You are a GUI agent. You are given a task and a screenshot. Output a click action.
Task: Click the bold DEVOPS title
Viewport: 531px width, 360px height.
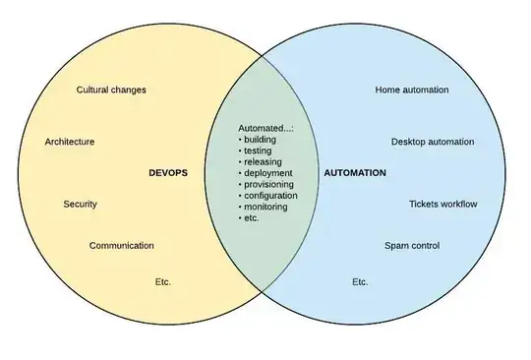166,172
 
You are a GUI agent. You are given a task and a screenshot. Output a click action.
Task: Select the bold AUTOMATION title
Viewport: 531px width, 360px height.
354,172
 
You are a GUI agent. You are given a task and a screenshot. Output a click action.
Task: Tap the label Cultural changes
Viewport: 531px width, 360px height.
111,90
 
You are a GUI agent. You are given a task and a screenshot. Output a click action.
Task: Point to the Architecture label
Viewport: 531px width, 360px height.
70,142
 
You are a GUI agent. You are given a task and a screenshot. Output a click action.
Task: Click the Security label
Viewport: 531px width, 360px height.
81,204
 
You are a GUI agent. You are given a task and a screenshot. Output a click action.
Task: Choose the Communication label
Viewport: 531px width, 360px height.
121,246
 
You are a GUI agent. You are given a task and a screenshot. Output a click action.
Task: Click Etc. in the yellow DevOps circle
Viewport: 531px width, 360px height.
162,281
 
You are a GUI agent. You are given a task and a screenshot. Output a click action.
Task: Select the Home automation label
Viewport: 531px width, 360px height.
412,90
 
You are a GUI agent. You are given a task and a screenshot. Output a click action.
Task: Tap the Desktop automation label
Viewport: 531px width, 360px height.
432,142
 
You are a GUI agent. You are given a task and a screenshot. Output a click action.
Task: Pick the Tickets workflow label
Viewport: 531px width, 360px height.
442,204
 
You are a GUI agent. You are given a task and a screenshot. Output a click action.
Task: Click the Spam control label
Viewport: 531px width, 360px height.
412,246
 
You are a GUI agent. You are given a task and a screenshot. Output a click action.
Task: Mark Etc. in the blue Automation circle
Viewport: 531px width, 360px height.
360,281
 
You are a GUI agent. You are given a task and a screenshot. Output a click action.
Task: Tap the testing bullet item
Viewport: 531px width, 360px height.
258,151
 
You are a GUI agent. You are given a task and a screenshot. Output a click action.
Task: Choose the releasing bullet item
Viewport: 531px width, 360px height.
261,162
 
